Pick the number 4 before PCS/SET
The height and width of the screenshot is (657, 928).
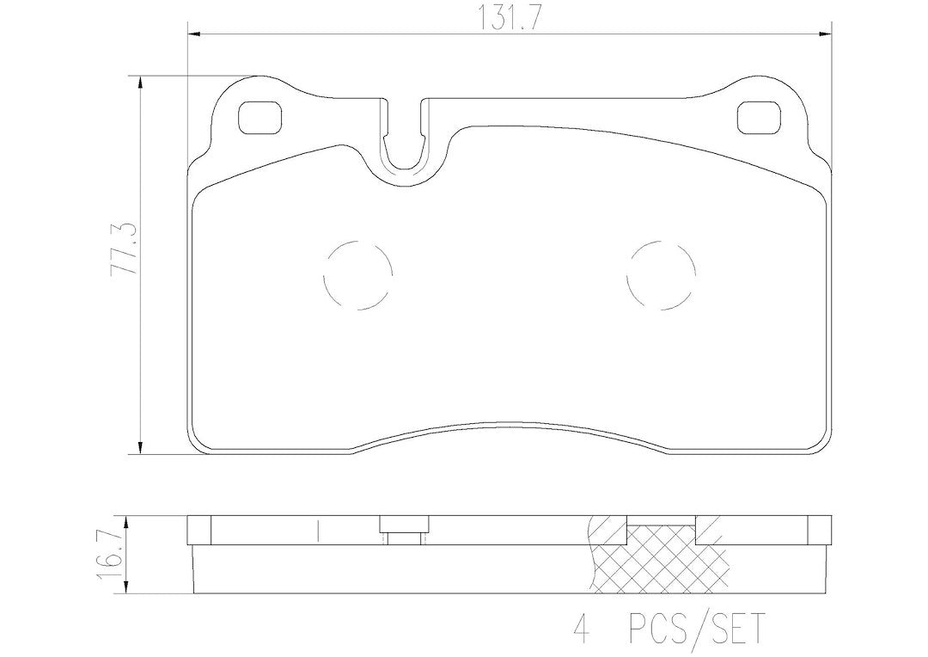tap(583, 628)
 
